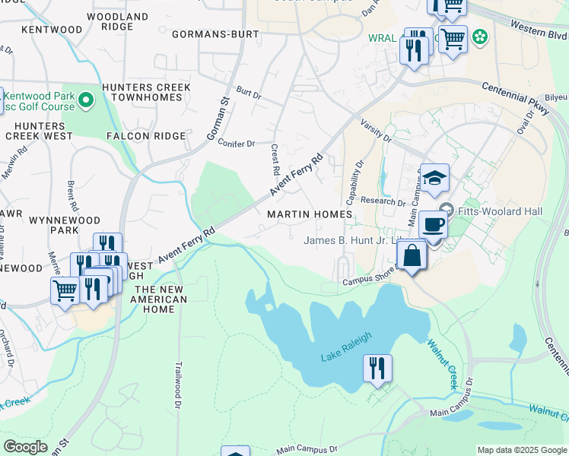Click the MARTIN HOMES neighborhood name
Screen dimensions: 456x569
310,214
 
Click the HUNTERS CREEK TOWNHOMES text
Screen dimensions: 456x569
150,93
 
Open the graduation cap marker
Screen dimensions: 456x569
435,178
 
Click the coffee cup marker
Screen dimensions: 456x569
433,224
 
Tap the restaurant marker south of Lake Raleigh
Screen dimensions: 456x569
377,369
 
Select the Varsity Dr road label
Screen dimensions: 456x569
375,129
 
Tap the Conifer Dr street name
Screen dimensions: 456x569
236,143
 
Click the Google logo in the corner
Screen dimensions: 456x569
25,447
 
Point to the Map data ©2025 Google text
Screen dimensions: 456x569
521,450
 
